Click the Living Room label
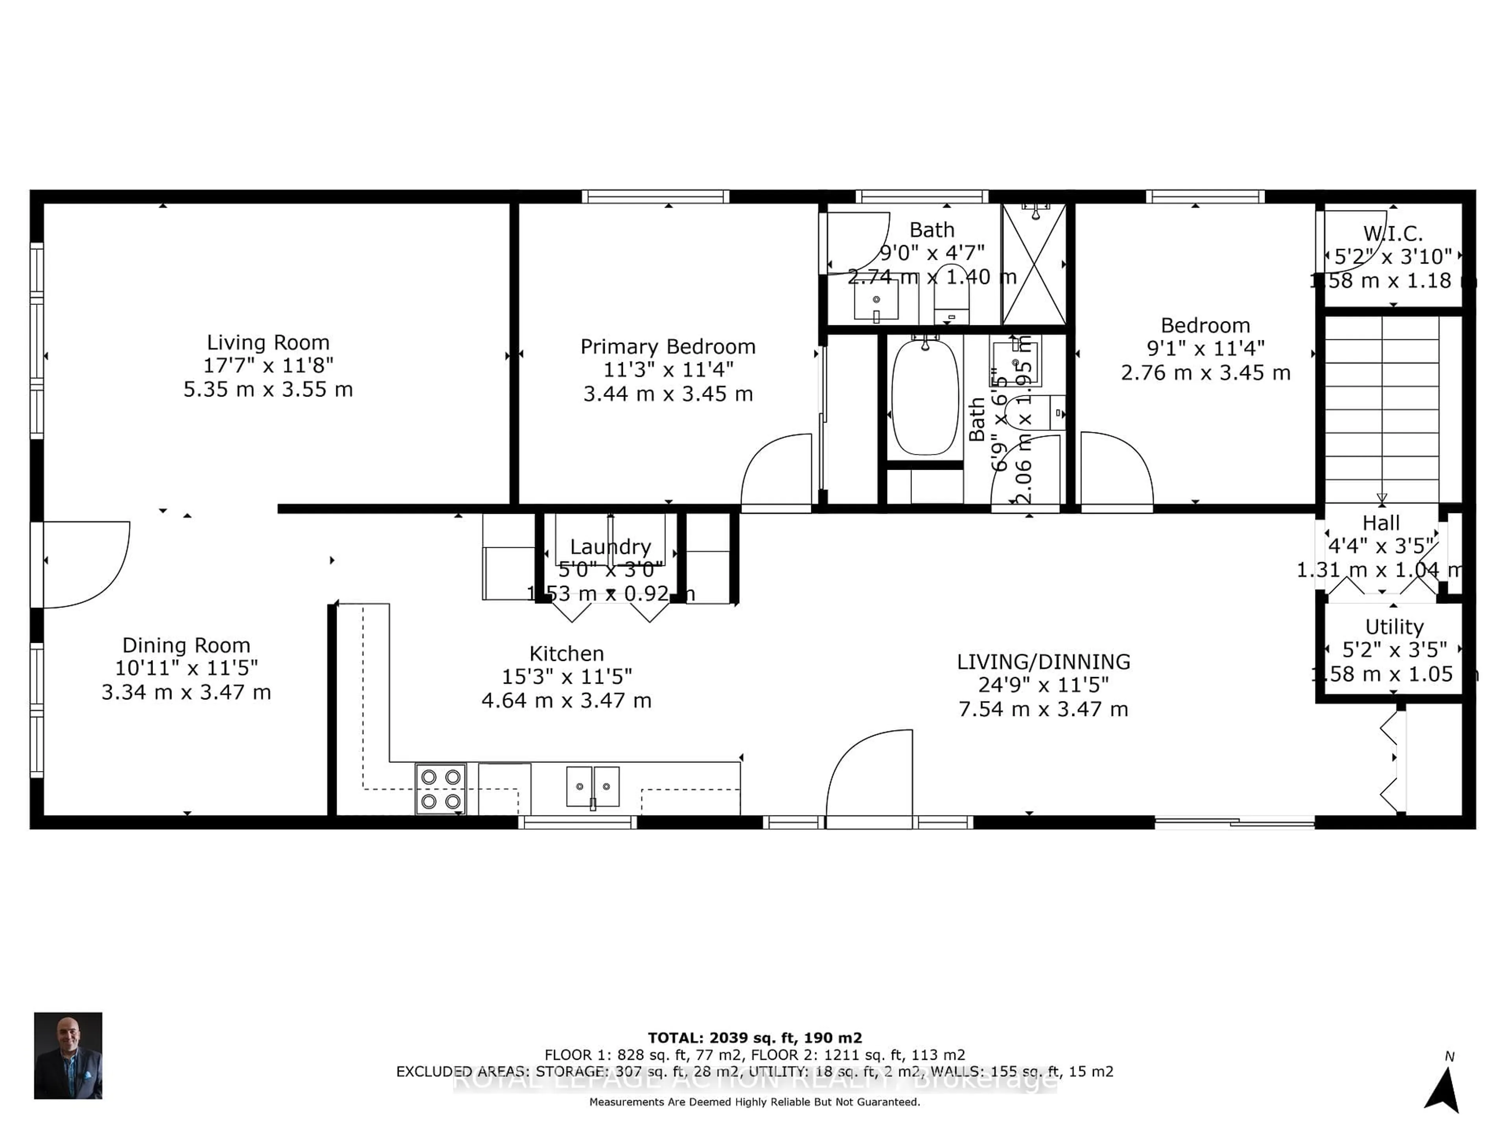tap(268, 342)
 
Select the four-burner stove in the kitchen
tap(441, 789)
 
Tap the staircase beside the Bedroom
tap(1382, 410)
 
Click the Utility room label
tap(1394, 626)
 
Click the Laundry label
tap(610, 546)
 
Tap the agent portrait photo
tap(68, 1055)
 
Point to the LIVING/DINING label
tap(1043, 662)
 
